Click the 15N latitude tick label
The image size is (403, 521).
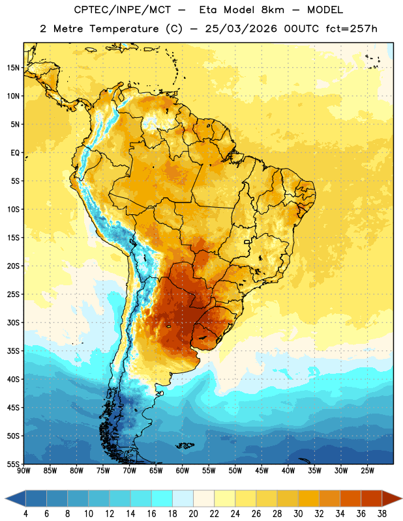click(x=13, y=68)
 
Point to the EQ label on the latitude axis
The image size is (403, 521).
click(x=15, y=153)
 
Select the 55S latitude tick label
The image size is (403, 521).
click(x=13, y=464)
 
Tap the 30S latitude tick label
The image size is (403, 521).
click(x=13, y=322)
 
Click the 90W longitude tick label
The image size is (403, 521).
click(x=23, y=471)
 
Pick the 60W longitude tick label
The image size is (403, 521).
click(x=183, y=471)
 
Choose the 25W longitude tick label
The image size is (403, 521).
click(x=367, y=471)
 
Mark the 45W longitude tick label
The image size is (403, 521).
click(x=261, y=471)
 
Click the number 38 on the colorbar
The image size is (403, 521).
click(x=382, y=514)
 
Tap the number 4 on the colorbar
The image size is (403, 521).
click(x=25, y=514)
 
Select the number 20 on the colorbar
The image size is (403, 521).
click(x=193, y=514)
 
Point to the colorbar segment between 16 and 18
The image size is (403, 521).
click(x=162, y=499)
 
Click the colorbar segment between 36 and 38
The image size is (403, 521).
click(x=372, y=499)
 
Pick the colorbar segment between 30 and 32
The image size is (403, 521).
click(x=308, y=499)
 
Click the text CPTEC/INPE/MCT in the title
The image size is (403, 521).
click(x=123, y=10)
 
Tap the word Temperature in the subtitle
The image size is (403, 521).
click(x=124, y=29)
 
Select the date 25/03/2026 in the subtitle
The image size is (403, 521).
click(x=241, y=29)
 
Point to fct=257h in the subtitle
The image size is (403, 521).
click(x=351, y=29)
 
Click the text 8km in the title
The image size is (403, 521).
click(x=273, y=10)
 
